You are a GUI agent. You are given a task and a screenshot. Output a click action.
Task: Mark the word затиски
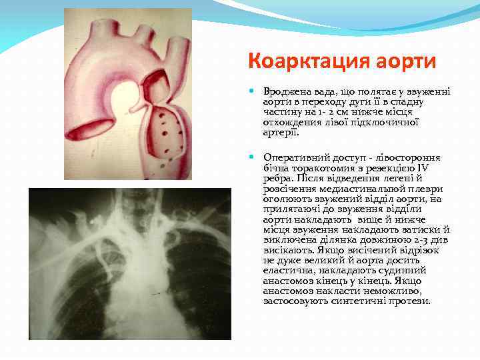(413, 229)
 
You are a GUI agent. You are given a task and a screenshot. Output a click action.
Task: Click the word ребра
(277, 178)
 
